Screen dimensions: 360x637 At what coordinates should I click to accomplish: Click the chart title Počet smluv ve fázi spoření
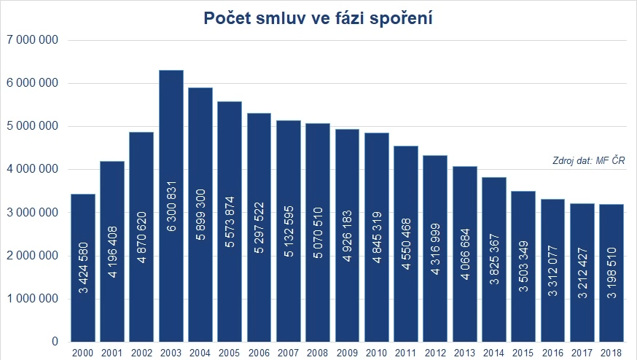[x=318, y=19]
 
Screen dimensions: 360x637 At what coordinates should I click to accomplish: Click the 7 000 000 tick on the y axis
[x=32, y=40]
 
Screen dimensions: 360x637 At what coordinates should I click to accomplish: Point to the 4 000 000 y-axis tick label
[x=32, y=169]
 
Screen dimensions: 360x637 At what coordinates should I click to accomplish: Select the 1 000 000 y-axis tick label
[x=32, y=299]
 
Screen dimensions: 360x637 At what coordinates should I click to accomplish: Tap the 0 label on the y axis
[x=55, y=342]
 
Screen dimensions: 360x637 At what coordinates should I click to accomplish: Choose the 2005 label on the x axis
[x=230, y=353]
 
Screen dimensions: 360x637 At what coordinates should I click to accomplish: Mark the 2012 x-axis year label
[x=436, y=353]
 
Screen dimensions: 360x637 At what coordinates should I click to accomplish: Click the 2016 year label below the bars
[x=553, y=353]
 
